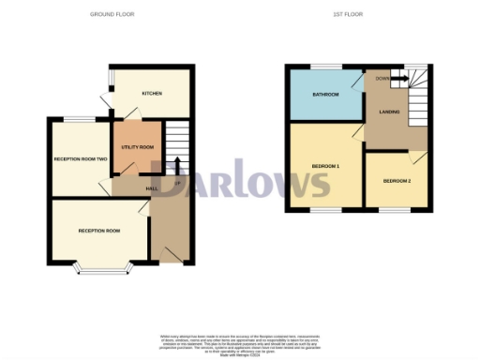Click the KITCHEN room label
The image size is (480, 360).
click(x=152, y=94)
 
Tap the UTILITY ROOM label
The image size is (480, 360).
click(x=139, y=147)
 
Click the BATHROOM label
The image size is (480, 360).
click(x=325, y=95)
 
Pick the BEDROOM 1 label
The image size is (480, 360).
click(x=324, y=166)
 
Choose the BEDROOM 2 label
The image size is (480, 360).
click(x=397, y=179)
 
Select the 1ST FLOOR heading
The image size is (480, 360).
click(x=347, y=14)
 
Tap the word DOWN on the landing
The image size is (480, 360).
click(x=381, y=79)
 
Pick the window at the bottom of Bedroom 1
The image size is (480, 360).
click(x=324, y=211)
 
